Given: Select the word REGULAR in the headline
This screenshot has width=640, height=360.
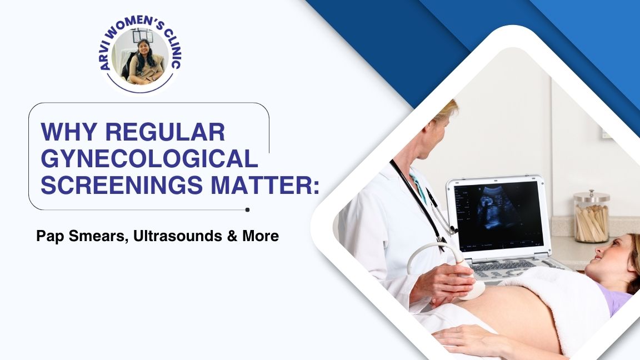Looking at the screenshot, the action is point(165,132).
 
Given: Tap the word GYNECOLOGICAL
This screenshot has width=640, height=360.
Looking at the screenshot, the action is point(149,158).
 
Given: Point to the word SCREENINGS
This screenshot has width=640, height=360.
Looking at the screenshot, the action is point(122,185).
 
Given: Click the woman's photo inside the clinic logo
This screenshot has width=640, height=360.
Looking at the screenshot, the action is point(140,56).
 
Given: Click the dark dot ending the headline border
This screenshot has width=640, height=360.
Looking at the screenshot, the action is point(247,210).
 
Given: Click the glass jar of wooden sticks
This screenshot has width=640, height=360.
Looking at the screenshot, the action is point(591,217).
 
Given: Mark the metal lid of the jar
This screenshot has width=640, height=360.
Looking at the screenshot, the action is point(592,196).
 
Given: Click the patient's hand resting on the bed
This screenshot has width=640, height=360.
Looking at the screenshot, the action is point(466,337).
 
